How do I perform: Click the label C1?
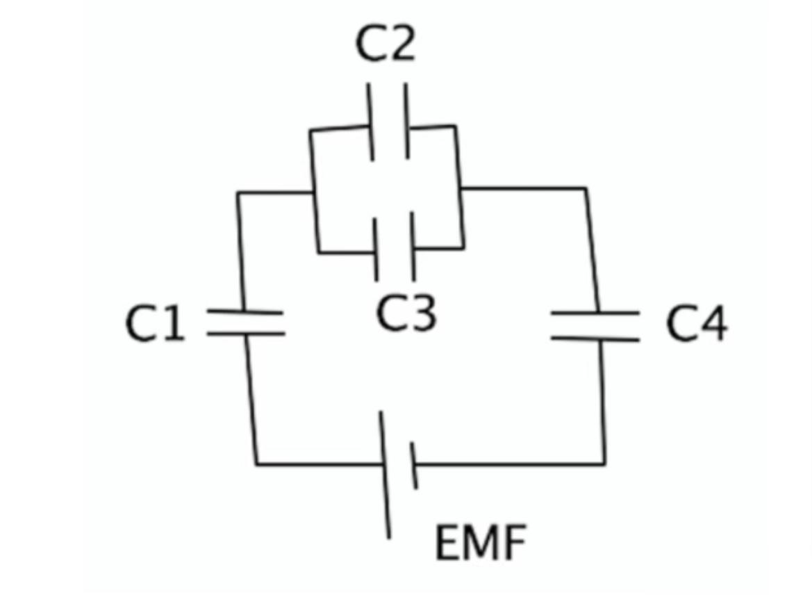coord(156,324)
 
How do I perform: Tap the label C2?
coord(385,44)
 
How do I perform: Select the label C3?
coord(407,312)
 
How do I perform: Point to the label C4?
coord(697,324)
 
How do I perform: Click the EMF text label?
coord(479,543)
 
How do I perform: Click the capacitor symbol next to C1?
coord(246,323)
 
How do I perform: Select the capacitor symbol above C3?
coord(395,247)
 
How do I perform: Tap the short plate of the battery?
coord(413,465)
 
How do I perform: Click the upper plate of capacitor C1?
coord(246,313)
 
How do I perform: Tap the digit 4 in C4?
coord(713,324)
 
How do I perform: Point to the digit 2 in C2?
coord(401,44)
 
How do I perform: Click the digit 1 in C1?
coord(174,324)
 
